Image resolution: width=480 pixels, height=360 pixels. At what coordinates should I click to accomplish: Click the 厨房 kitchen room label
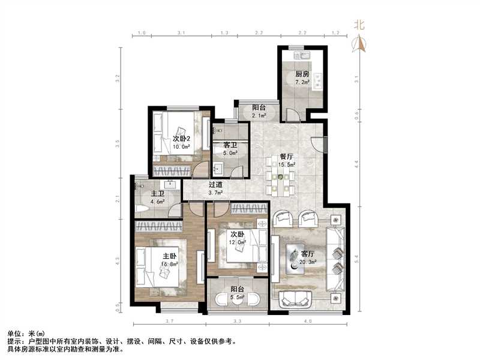[302, 74]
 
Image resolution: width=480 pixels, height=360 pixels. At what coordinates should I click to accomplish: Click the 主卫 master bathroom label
[157, 193]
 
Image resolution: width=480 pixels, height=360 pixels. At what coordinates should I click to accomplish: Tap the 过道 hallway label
[216, 184]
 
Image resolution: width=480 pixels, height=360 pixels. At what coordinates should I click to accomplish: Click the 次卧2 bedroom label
[181, 139]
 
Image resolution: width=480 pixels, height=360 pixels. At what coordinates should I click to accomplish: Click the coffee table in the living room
[297, 259]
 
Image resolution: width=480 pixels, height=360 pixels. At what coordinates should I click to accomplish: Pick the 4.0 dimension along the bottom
[308, 322]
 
